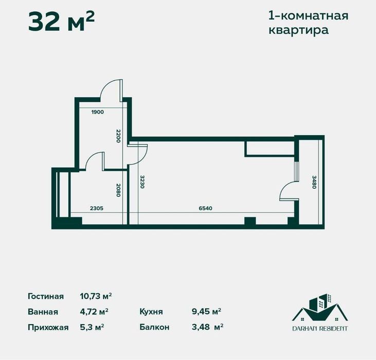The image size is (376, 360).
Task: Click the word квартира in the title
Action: tap(298, 30)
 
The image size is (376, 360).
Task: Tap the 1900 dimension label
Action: tap(98, 112)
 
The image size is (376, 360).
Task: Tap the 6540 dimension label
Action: tap(205, 208)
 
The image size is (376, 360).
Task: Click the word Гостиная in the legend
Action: tap(46, 296)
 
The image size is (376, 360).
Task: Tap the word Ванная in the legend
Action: tap(43, 312)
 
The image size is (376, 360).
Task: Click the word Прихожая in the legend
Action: tap(48, 327)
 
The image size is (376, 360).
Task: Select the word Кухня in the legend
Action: tap(151, 312)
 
